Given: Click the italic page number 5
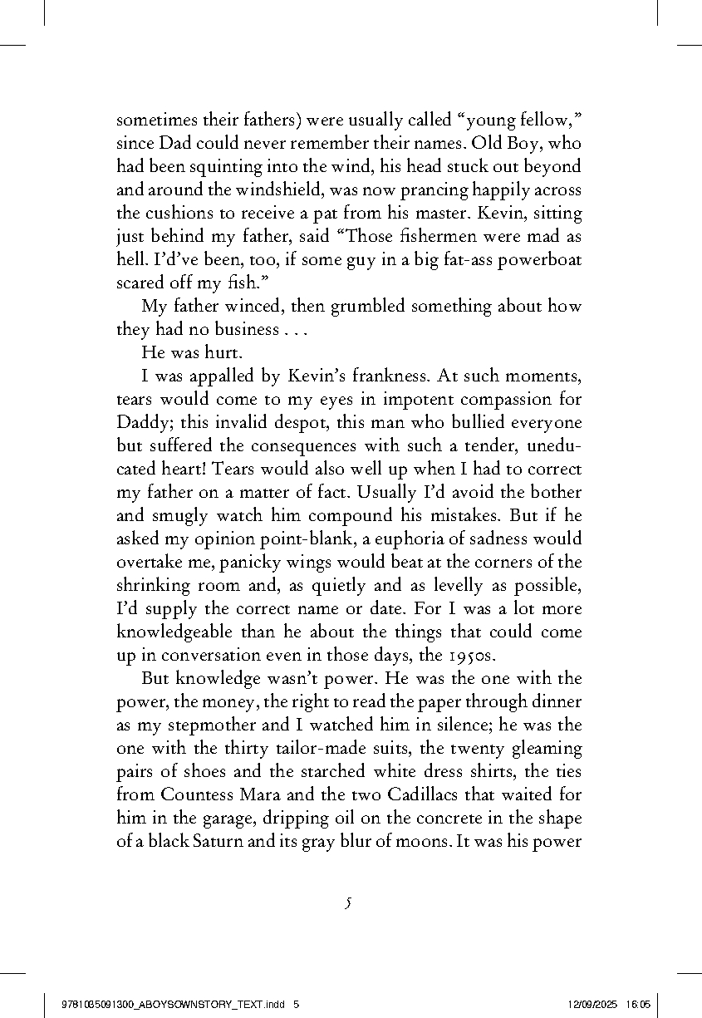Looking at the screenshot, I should tap(350, 902).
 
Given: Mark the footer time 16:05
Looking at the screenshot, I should tap(639, 1004).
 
